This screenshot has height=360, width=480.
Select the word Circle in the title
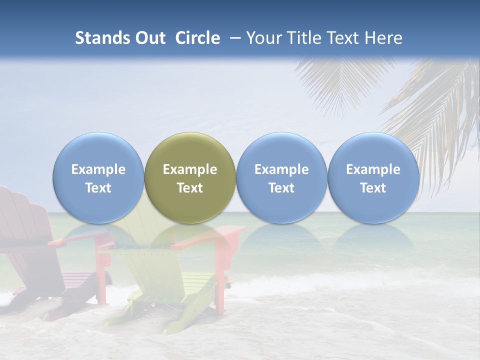pos(197,38)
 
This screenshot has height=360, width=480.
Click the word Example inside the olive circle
pos(190,169)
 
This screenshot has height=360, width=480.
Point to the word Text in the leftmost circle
pos(98,188)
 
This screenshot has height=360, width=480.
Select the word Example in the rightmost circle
pos(373,169)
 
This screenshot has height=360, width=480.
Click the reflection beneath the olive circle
pos(190,237)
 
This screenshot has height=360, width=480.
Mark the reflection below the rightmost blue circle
pos(373,237)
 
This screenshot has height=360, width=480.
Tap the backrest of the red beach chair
pos(22,215)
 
